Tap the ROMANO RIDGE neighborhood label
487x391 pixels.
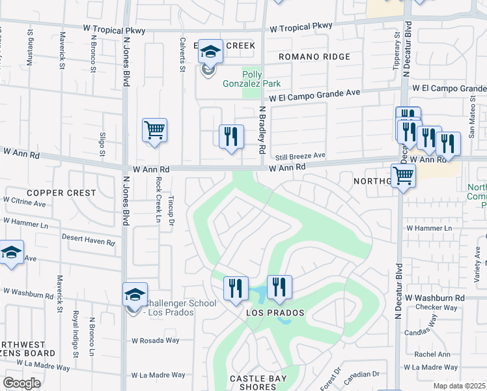click(x=314, y=57)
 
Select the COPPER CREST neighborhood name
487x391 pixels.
click(x=61, y=194)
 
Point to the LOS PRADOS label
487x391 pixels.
click(x=275, y=313)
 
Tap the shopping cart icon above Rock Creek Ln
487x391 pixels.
click(x=154, y=130)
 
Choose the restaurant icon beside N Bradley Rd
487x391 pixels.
click(x=230, y=138)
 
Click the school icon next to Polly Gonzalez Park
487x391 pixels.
click(x=210, y=52)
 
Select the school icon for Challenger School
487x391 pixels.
click(x=135, y=295)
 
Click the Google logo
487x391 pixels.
click(x=21, y=383)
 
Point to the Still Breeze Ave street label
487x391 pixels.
click(x=300, y=156)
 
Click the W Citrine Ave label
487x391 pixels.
click(x=24, y=203)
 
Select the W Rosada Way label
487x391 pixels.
click(x=155, y=340)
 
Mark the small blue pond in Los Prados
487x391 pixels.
click(x=258, y=295)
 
